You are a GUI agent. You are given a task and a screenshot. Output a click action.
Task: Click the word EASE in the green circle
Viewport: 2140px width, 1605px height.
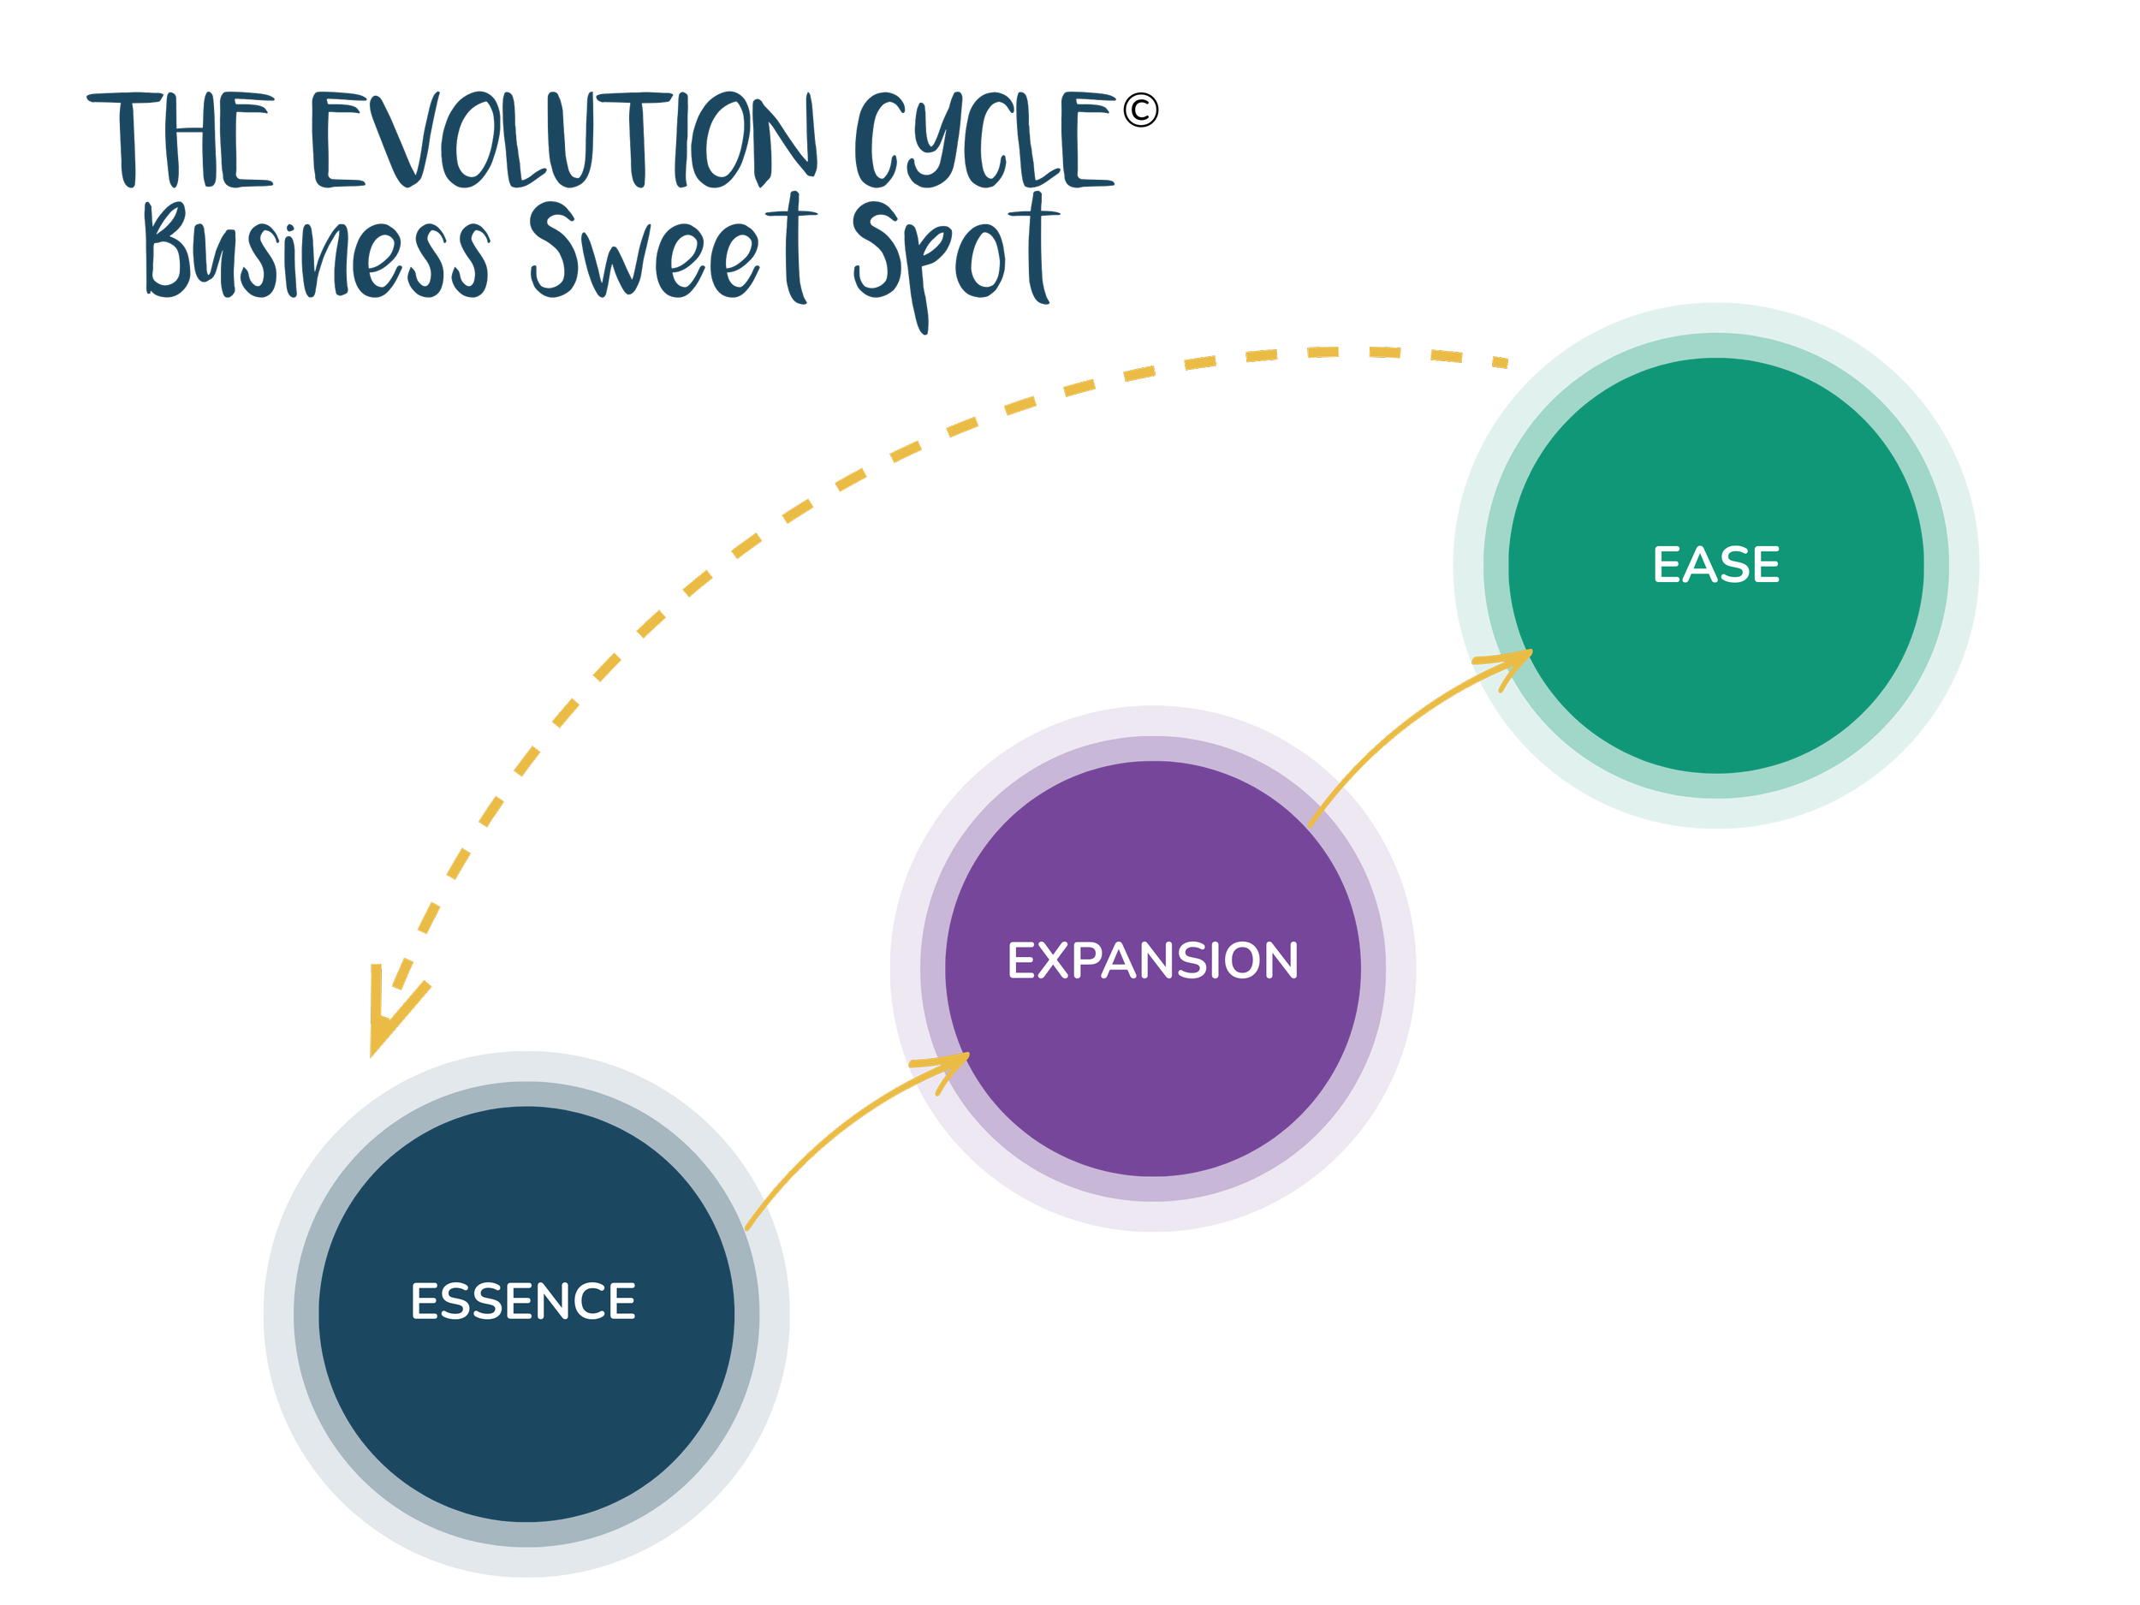coord(1715,565)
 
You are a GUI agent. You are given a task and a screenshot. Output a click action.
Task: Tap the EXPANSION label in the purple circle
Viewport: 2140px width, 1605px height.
coord(1152,960)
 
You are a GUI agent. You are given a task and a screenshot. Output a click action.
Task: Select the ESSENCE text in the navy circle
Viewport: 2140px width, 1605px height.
coord(522,1301)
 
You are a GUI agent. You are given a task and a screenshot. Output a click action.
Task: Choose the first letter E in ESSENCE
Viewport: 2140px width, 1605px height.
coord(424,1301)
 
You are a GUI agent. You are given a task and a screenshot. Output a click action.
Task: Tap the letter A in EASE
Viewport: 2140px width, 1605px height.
coord(1697,565)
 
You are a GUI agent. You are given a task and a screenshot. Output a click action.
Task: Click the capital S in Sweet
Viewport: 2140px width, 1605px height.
coord(556,250)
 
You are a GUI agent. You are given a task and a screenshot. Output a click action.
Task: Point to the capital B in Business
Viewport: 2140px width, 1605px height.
coord(170,250)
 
